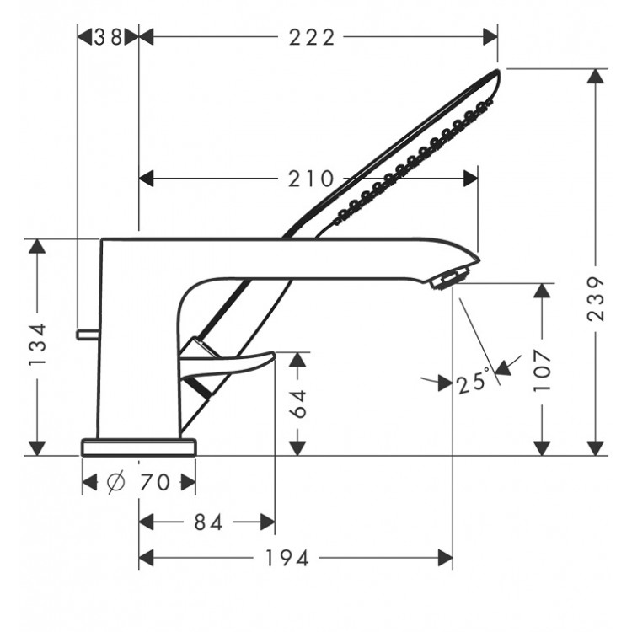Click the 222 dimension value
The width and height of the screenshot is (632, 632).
312,37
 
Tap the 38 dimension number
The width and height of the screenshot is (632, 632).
108,37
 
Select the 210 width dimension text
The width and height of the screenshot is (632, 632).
311,179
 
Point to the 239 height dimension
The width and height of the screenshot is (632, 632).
596,298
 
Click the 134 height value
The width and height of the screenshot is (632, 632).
37,344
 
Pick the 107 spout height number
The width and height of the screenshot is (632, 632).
542,371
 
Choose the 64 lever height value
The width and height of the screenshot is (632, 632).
298,404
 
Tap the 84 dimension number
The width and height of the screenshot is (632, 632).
208,522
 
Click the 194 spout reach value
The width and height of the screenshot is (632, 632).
287,558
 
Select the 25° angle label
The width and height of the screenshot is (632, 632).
474,381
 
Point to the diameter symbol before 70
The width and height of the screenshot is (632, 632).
116,482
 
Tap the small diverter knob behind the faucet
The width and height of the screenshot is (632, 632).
88,334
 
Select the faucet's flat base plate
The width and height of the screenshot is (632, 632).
139,447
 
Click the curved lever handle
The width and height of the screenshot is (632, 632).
228,362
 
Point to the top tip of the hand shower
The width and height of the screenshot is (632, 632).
497,71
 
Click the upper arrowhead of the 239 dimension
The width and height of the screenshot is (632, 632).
596,76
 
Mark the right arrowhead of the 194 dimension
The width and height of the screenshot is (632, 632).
446,558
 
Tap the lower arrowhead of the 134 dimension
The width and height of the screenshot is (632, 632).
37,448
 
